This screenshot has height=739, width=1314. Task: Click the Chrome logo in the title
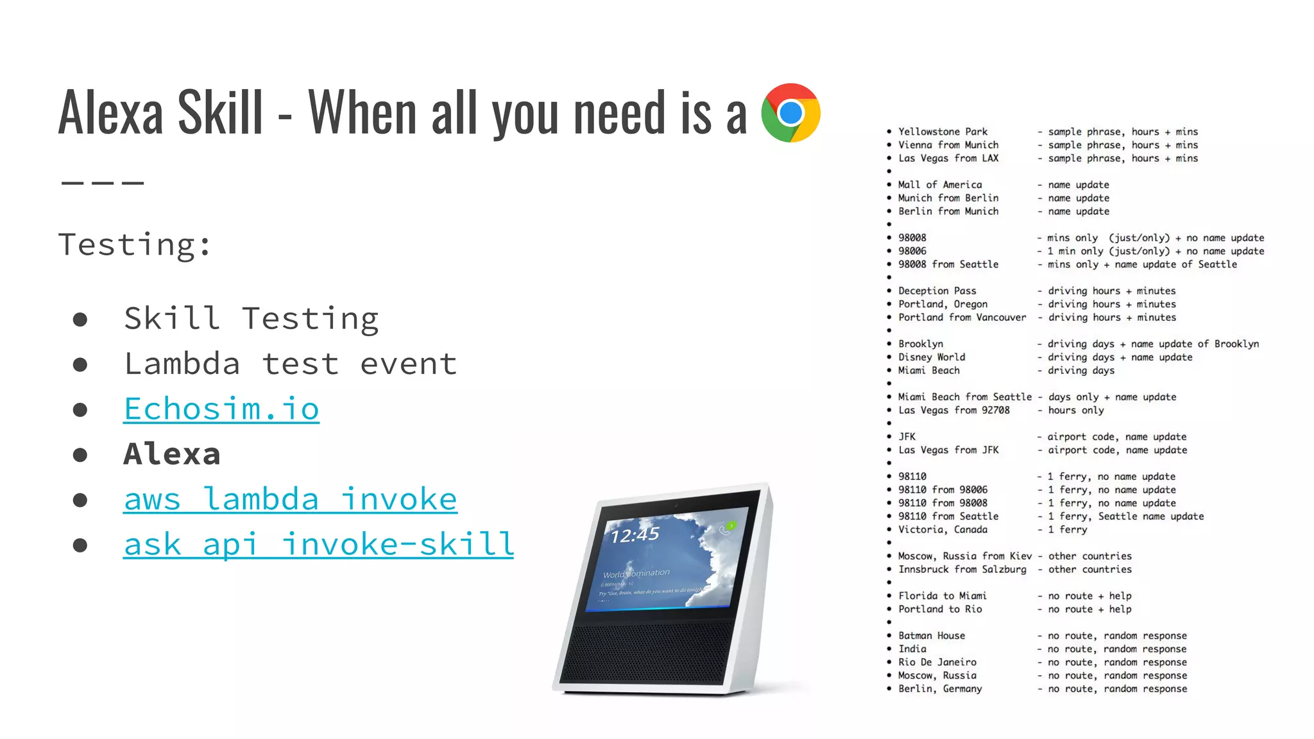(x=790, y=113)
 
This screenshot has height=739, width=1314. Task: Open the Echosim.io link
(x=221, y=409)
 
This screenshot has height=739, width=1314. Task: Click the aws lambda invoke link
(x=290, y=499)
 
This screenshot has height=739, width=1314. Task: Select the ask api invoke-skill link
(x=318, y=545)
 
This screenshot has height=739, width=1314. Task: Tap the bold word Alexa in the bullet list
(x=172, y=454)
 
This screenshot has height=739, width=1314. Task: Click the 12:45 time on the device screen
(x=635, y=534)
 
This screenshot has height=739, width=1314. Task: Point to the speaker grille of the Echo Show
(x=648, y=651)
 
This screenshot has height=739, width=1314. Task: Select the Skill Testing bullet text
(x=251, y=319)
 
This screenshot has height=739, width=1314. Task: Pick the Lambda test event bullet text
(x=290, y=364)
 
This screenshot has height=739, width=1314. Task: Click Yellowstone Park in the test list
(x=943, y=132)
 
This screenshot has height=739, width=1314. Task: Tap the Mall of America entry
(x=939, y=185)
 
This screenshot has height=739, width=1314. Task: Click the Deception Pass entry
(x=937, y=291)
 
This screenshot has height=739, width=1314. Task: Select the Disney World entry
(x=931, y=357)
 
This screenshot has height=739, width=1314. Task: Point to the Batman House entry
(x=931, y=636)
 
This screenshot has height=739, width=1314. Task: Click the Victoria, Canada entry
(x=943, y=530)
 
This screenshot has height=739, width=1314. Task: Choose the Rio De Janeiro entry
(x=937, y=662)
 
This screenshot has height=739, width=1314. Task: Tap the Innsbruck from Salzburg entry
(x=962, y=570)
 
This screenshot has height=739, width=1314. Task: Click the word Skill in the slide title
(x=220, y=113)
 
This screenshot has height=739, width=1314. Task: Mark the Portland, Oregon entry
(x=943, y=304)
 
